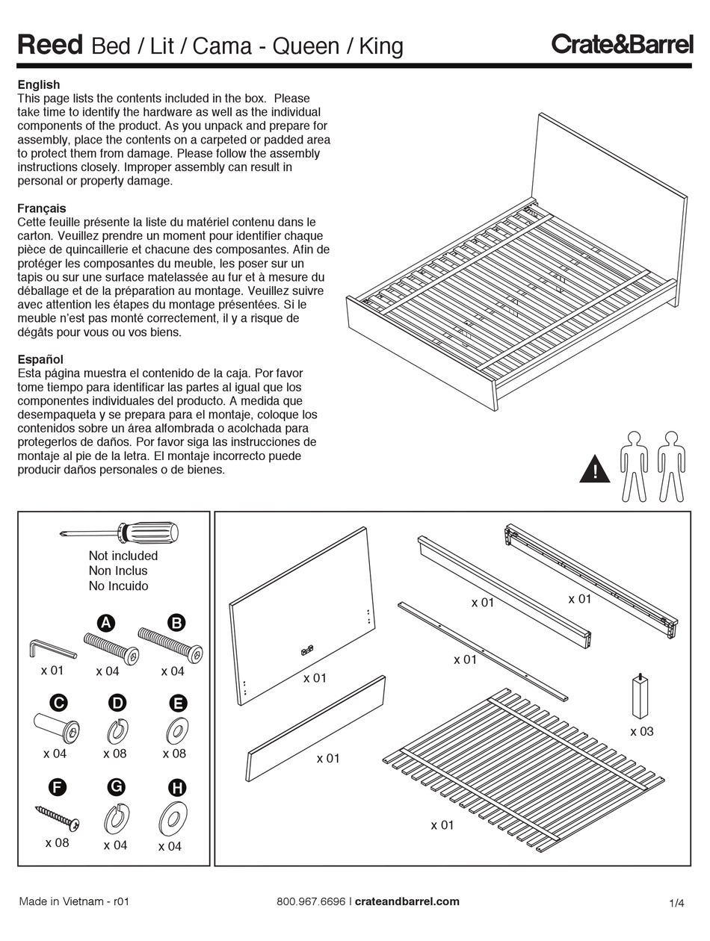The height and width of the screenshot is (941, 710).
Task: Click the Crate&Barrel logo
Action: point(622,45)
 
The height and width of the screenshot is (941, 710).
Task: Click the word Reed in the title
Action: point(49,46)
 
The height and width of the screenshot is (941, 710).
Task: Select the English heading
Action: point(38,84)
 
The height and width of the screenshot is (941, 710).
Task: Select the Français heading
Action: point(42,208)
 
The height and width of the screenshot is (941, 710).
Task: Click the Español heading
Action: point(40,359)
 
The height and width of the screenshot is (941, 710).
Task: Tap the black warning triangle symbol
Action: point(595,470)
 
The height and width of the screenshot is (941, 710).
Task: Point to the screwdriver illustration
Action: point(120,532)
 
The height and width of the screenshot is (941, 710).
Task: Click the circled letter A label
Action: point(106,623)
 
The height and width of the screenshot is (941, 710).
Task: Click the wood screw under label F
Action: point(57,816)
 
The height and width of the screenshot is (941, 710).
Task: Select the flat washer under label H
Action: point(172,819)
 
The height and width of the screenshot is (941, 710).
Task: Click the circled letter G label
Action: point(116,786)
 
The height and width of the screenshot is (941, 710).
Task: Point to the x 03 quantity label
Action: point(641,731)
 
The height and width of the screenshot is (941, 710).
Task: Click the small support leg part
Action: point(640,695)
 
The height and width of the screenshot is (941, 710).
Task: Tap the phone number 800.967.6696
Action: point(310,901)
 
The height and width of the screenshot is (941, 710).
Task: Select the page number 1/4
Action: point(677,903)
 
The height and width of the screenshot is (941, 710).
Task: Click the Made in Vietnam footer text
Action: point(74,901)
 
